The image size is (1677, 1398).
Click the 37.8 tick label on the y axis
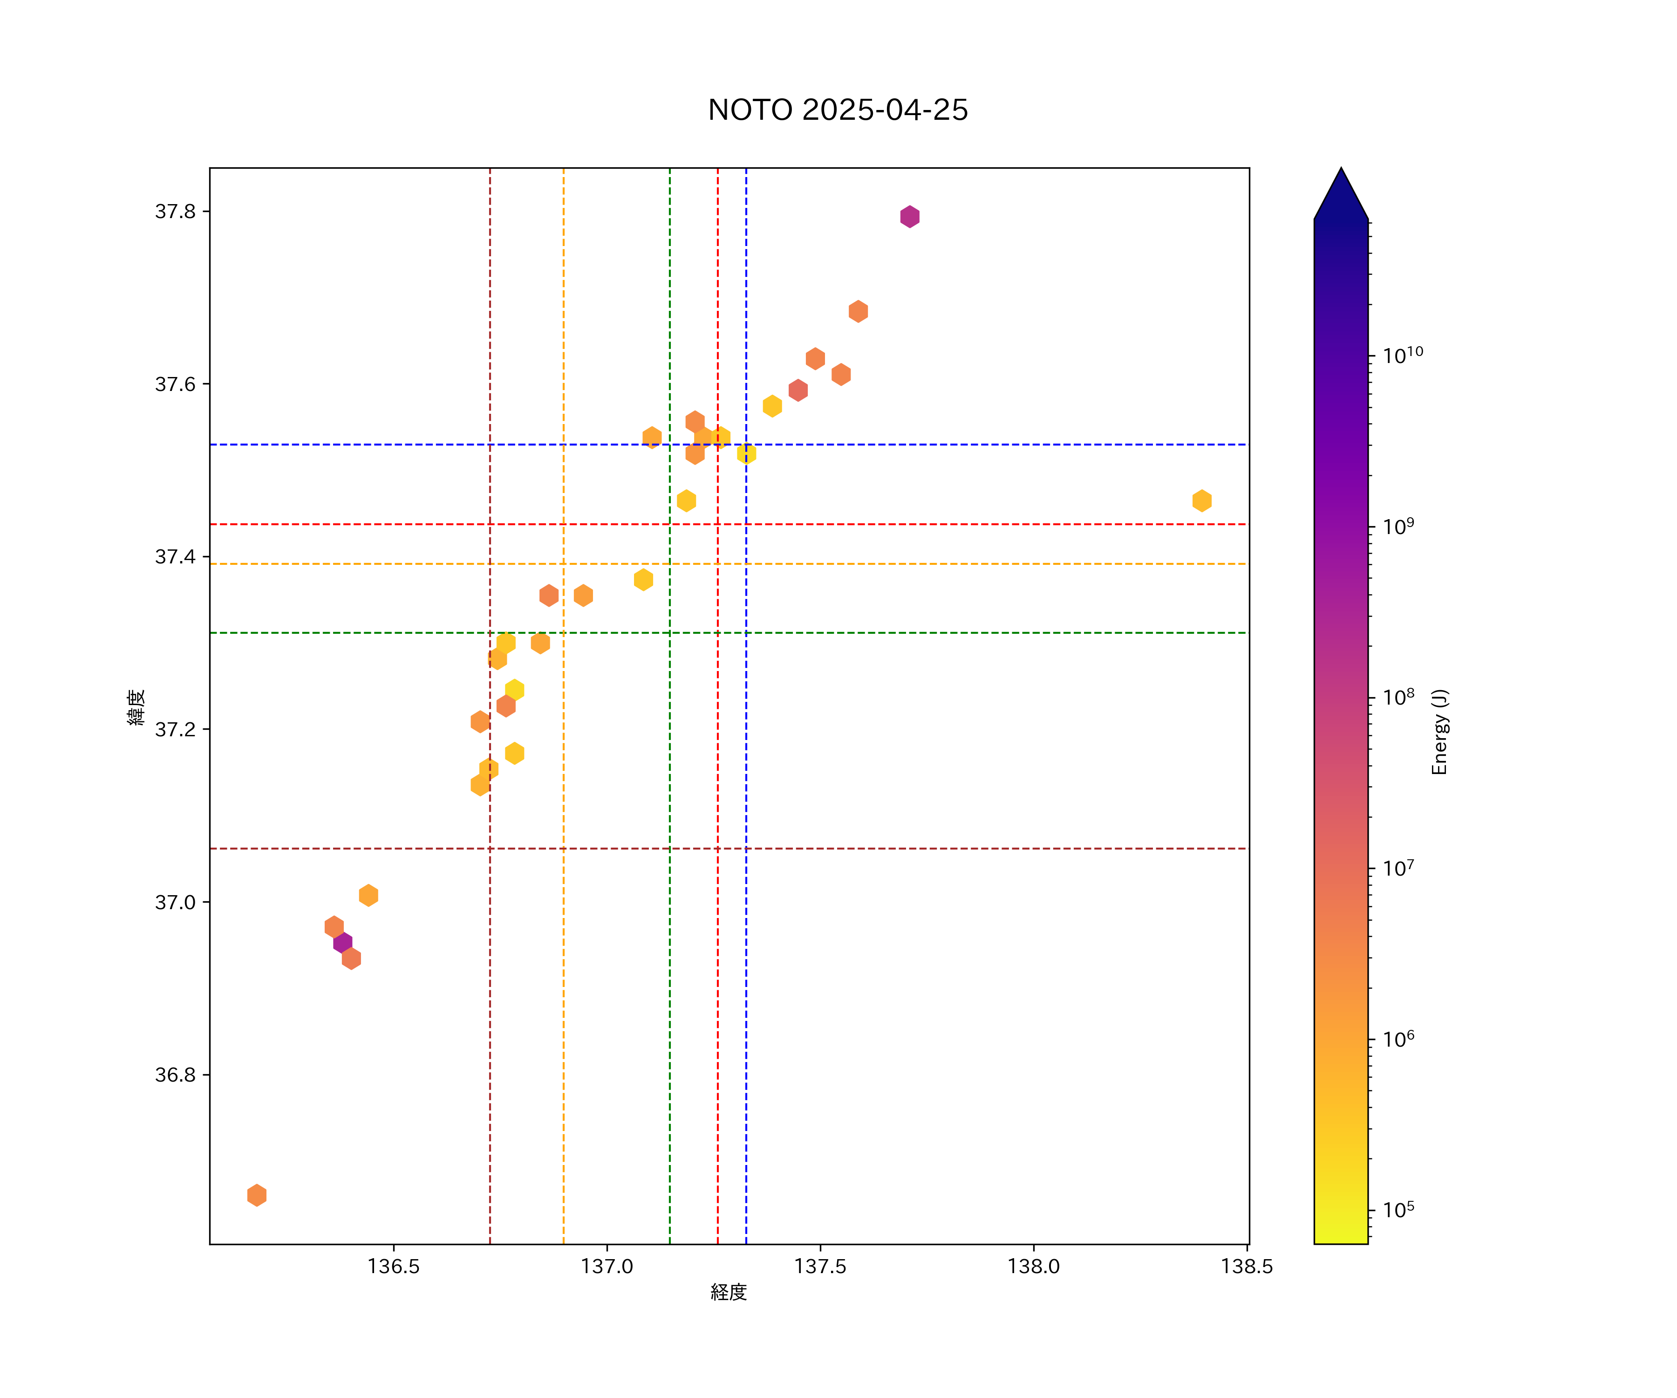(x=175, y=212)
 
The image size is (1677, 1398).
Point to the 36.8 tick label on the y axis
(x=175, y=1075)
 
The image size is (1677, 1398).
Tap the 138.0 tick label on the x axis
(x=1033, y=1266)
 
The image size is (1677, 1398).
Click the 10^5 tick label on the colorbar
(x=1398, y=1209)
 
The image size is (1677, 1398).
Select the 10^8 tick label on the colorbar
(x=1398, y=697)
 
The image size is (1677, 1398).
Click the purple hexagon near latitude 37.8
(x=910, y=217)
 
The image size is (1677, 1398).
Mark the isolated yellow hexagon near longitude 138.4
(x=1202, y=501)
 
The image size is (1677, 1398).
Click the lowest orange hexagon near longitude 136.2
(x=256, y=1195)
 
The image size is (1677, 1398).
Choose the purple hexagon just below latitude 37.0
(x=342, y=943)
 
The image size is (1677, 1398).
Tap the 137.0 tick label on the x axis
(x=607, y=1266)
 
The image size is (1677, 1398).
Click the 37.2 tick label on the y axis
(x=175, y=729)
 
